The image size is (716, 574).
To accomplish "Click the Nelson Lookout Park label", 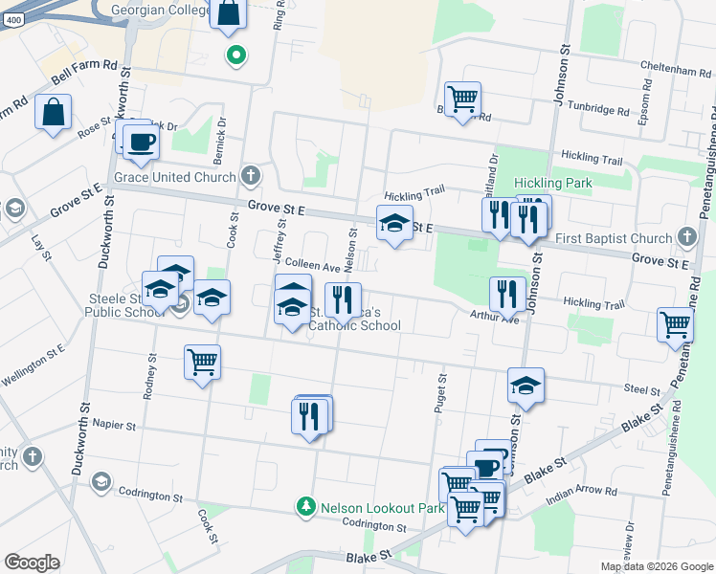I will pyautogui.click(x=382, y=507).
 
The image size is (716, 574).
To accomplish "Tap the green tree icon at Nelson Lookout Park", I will pyautogui.click(x=306, y=506).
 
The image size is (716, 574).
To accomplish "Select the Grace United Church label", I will pyautogui.click(x=174, y=177).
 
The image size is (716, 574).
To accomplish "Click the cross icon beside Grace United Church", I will pyautogui.click(x=250, y=175).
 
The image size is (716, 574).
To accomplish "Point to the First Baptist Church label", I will pyautogui.click(x=615, y=238).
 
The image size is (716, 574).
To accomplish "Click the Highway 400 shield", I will pyautogui.click(x=11, y=21).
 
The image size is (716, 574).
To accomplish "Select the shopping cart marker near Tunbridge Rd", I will pyautogui.click(x=462, y=99).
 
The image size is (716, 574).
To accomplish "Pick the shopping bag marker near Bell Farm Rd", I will pyautogui.click(x=53, y=112).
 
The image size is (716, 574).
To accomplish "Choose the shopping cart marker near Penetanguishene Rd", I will pyautogui.click(x=675, y=324).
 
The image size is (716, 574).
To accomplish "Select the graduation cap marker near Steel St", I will pyautogui.click(x=526, y=385).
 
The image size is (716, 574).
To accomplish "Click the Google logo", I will pyautogui.click(x=32, y=563).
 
